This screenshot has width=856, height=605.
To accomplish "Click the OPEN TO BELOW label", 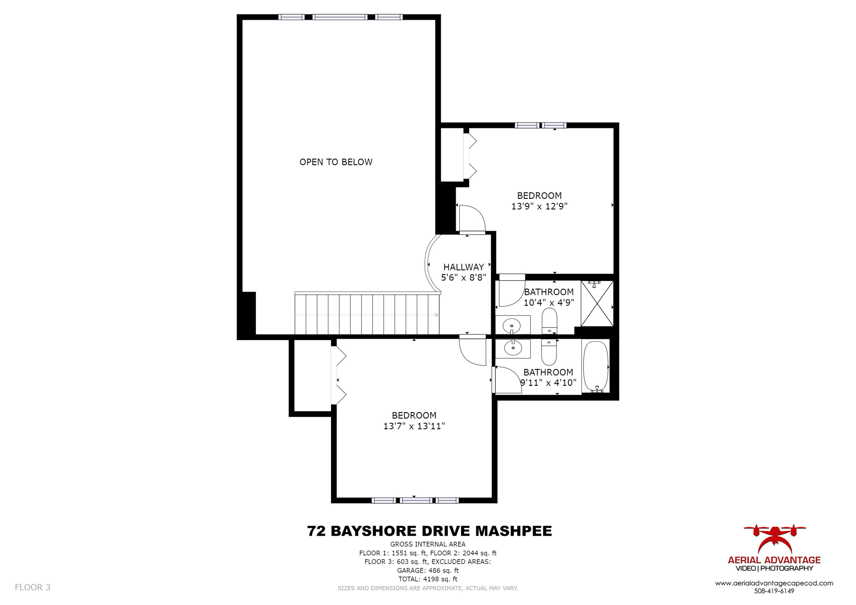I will tap(336, 162).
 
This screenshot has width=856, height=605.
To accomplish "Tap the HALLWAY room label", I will tap(463, 267).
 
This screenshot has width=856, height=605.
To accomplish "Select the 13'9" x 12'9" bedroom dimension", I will tap(539, 206).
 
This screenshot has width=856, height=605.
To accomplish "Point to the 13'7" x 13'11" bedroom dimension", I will tap(414, 426).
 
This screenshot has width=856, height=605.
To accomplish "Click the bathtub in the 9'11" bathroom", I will tap(595, 366).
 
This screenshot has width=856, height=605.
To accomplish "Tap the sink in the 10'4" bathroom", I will tap(512, 326).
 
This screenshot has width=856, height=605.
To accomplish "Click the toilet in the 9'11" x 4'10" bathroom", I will tap(549, 353).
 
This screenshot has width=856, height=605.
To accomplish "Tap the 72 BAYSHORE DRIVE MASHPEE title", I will tap(429, 531).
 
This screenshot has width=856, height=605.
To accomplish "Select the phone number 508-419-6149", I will tap(774, 591).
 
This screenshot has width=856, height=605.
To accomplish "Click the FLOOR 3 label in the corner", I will tap(33, 587).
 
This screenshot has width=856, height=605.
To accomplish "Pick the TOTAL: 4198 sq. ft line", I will tap(428, 579).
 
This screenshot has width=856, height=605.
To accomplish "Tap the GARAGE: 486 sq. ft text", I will tap(428, 570).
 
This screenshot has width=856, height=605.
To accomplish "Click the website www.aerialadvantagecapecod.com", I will tap(774, 583).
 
